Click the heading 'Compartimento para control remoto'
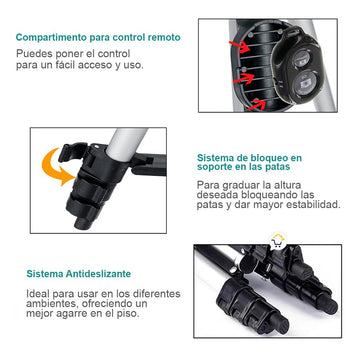[98, 37]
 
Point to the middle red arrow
[244, 78]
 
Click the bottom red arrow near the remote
[257, 104]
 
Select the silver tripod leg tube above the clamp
[127, 143]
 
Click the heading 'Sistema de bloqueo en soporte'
[249, 162]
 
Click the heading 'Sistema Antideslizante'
[79, 274]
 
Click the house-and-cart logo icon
[278, 241]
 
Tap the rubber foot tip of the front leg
[279, 323]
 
